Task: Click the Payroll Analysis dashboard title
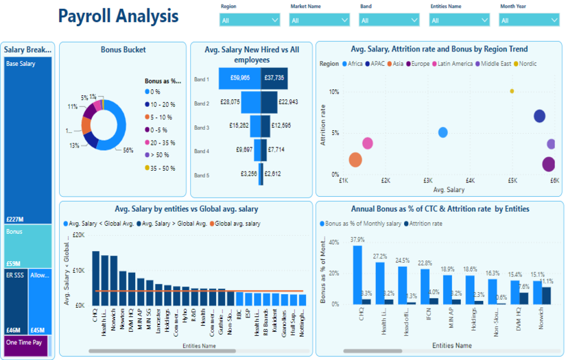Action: [118, 16]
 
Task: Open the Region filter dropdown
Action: [249, 21]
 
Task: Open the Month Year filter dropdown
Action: [529, 21]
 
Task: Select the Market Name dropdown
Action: [319, 21]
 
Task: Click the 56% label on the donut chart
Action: [128, 150]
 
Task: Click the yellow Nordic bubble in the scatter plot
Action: [512, 91]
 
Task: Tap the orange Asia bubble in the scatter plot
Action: [355, 160]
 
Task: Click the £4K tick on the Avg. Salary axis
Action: [470, 180]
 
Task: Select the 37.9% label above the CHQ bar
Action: [357, 240]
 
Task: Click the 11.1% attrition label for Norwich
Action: [546, 282]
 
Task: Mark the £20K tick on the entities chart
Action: [79, 235]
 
